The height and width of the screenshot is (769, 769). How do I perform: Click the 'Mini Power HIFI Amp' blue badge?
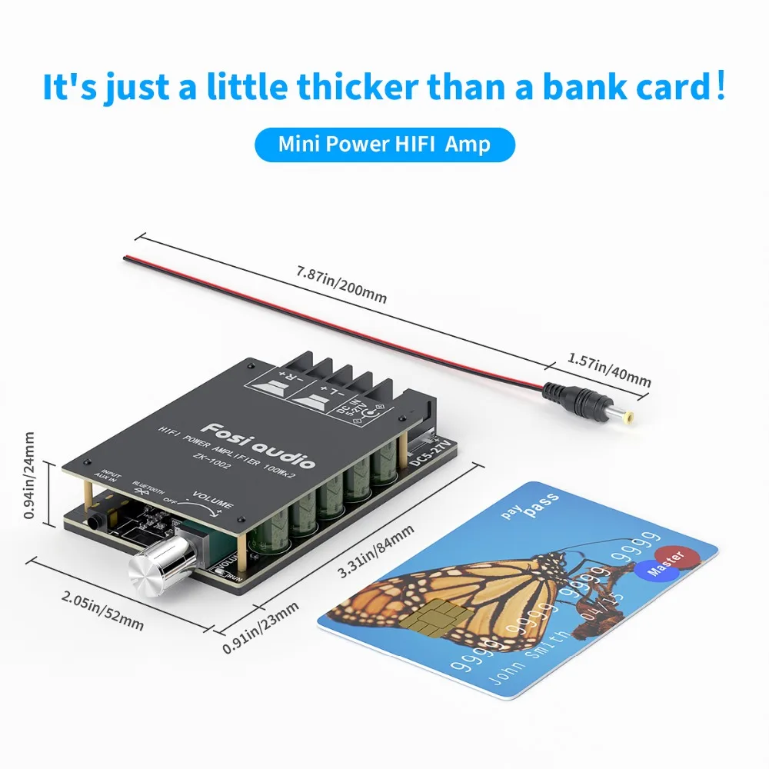coord(384,144)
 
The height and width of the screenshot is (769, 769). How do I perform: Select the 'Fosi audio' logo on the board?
coord(258,445)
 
